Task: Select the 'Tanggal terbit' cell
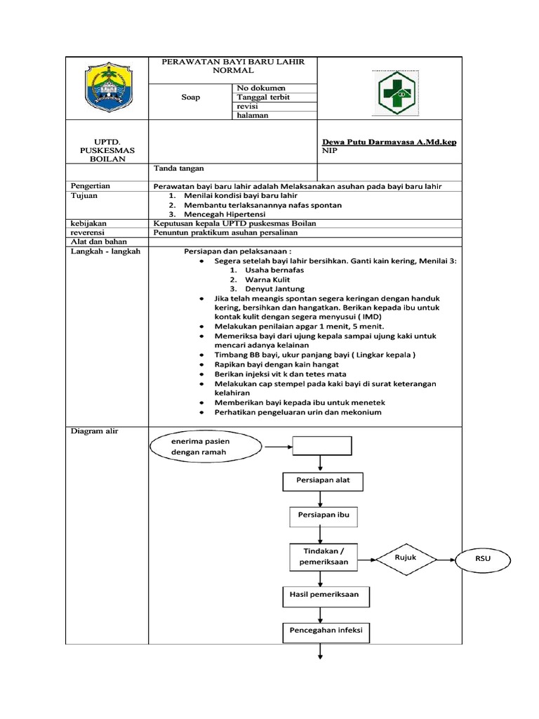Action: [264, 97]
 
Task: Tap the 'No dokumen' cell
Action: [262, 88]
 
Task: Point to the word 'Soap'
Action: [190, 98]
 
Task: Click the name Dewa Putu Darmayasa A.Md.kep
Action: [389, 142]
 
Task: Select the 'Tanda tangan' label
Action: [178, 169]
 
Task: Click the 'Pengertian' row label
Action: [91, 185]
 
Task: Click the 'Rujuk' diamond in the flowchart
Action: [405, 558]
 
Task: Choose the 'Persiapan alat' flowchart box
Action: [320, 481]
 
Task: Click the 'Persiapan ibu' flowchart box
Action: [320, 515]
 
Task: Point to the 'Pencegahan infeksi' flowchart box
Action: [326, 631]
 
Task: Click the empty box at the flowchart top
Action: [321, 445]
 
